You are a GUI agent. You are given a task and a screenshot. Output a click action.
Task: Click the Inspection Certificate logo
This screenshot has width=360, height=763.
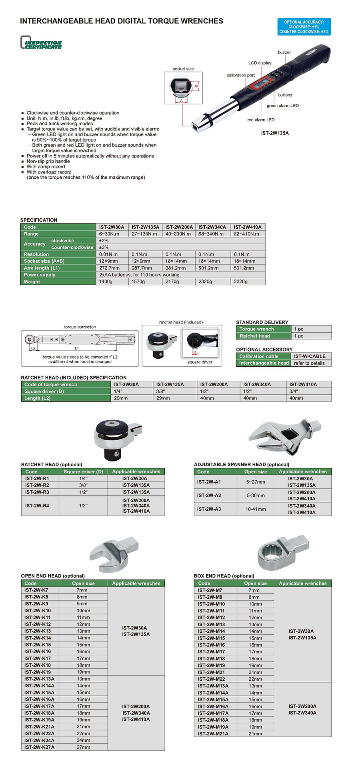tap(41, 43)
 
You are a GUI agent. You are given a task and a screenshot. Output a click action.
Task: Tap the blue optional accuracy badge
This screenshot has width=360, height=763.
tap(304, 27)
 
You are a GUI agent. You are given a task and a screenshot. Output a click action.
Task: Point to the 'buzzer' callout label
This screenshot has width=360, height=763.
tap(284, 52)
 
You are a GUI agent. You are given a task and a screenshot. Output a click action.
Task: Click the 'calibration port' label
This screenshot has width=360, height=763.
tap(240, 75)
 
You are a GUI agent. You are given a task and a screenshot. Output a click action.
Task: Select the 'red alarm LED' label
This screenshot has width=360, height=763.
tap(261, 120)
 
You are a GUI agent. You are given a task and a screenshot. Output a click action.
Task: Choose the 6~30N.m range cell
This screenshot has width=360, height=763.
tap(109, 234)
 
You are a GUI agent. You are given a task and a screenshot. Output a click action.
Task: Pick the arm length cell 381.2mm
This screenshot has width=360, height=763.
tap(176, 268)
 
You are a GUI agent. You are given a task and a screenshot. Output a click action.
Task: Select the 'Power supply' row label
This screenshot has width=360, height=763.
tap(40, 275)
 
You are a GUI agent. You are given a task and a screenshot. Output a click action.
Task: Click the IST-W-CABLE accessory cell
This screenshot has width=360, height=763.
tap(310, 356)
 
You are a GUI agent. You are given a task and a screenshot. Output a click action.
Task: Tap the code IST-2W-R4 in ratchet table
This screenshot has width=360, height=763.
tap(37, 506)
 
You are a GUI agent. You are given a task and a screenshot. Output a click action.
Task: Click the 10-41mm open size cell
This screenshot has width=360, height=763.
tap(255, 509)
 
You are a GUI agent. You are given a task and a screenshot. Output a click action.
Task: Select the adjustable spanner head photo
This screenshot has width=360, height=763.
tap(284, 437)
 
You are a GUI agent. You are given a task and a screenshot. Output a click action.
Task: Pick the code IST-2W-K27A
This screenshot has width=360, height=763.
tap(39, 747)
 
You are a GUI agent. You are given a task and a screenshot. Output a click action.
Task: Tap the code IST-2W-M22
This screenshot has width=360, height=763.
tap(211, 679)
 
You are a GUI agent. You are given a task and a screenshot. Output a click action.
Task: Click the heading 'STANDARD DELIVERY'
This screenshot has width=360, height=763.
tap(262, 322)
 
